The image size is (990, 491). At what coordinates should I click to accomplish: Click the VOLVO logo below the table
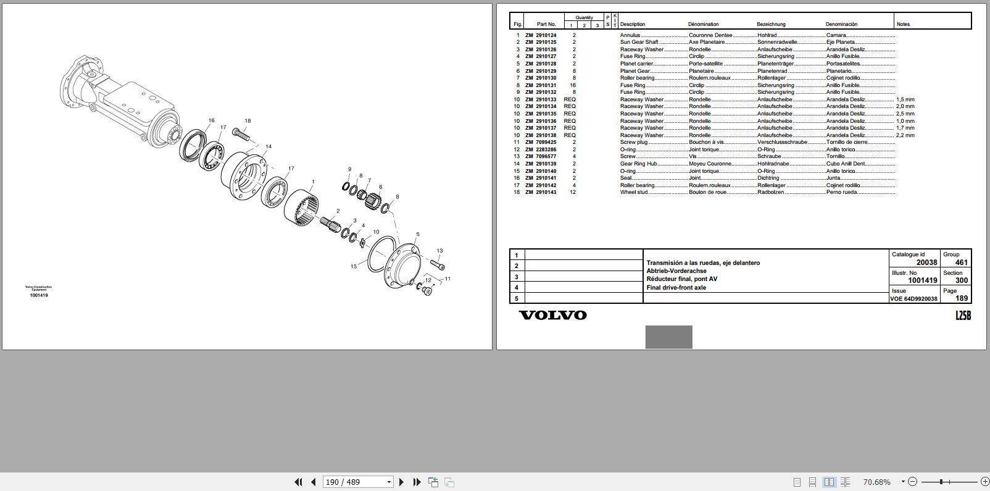[552, 315]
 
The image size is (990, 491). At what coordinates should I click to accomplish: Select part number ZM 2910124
[541, 35]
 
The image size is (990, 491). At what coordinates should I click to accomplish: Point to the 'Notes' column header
[903, 24]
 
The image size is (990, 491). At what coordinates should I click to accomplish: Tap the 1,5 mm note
[905, 99]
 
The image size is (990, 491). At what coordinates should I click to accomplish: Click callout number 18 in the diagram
[247, 121]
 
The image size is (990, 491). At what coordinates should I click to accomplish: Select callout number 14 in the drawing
[268, 147]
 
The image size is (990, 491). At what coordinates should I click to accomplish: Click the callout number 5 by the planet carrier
[418, 235]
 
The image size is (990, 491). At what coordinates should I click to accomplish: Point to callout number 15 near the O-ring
[354, 266]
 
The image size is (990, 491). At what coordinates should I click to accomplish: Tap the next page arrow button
[401, 482]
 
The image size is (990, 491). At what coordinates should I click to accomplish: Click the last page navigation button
[417, 482]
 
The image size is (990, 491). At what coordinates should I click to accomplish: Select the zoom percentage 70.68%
[876, 482]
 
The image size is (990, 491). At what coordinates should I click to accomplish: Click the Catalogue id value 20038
[926, 262]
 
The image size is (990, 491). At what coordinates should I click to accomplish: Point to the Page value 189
[962, 298]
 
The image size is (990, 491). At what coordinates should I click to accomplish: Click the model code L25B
[963, 316]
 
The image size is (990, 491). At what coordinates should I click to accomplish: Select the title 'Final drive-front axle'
[676, 287]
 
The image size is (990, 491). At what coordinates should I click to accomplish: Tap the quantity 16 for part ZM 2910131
[573, 85]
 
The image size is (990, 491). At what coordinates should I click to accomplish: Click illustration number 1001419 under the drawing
[39, 295]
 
